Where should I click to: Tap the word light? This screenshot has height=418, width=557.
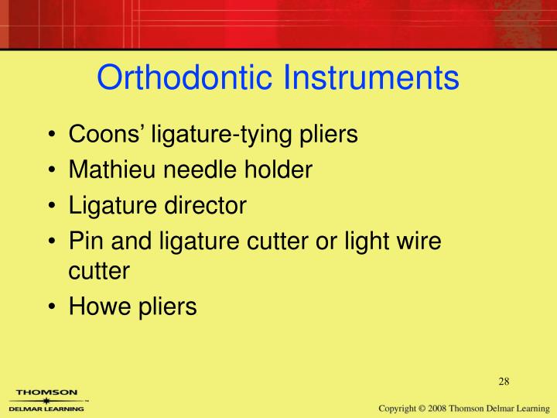[x=355, y=242]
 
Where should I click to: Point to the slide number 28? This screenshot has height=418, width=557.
[x=504, y=380]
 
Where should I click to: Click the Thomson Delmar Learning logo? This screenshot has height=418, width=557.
[x=46, y=400]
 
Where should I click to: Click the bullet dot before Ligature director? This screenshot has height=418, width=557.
[x=51, y=206]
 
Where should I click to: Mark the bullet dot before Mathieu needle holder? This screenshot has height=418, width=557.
[x=51, y=170]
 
